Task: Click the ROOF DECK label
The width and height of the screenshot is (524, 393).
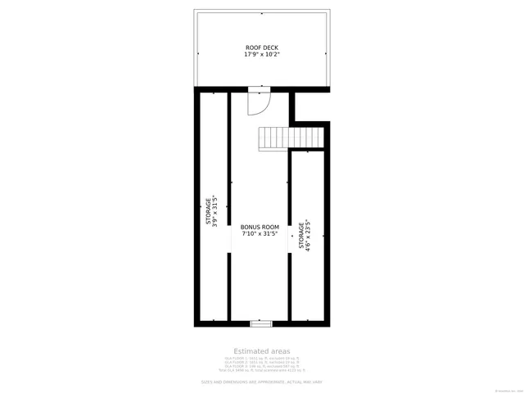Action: pos(262,47)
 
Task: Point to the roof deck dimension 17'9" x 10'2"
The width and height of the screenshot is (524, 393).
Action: pos(262,55)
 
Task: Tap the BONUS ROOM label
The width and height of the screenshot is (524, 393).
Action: pos(260,227)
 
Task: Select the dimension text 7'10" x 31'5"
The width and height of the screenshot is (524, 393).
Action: pos(260,234)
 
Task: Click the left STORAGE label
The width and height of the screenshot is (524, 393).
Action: pos(208,210)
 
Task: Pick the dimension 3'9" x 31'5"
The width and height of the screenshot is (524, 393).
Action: pos(215,210)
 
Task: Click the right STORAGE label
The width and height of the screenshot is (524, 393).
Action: pos(300,235)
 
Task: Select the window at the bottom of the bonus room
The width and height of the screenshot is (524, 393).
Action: pos(260,323)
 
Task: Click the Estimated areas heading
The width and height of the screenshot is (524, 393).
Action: pos(261,350)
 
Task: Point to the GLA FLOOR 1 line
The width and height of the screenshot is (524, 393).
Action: pos(261,358)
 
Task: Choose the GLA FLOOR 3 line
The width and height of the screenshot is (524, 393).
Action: pos(261,366)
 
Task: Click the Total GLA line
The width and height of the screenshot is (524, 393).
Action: pos(261,370)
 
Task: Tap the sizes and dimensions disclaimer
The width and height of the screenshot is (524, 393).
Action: pos(261,382)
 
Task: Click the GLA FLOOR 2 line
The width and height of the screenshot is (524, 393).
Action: pos(261,362)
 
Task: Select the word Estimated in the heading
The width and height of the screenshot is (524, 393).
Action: pos(250,350)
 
